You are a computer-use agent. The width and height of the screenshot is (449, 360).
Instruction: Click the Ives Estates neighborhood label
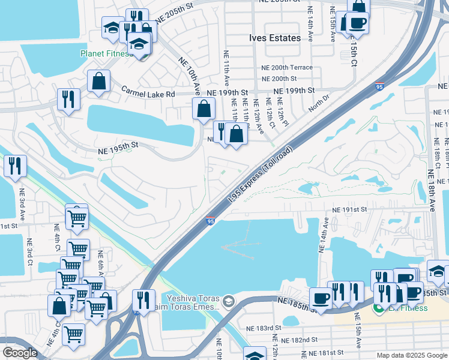click(x=274, y=38)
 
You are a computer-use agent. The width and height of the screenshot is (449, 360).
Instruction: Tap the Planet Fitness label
click(x=106, y=53)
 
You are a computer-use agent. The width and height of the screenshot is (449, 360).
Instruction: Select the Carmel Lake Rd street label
click(x=148, y=94)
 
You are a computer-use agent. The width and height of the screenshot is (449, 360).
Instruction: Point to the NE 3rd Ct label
click(x=29, y=253)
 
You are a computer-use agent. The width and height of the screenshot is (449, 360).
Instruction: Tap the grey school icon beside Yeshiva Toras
click(x=228, y=299)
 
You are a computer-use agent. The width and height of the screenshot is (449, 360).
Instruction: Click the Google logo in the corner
click(x=20, y=353)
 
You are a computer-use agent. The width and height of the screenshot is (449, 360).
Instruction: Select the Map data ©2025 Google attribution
click(x=411, y=355)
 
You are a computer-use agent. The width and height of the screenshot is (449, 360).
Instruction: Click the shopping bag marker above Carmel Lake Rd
click(x=98, y=81)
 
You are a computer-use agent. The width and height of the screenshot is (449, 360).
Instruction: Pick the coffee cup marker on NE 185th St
click(x=321, y=298)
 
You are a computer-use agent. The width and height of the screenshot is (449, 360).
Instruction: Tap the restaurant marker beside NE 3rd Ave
click(x=14, y=165)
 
